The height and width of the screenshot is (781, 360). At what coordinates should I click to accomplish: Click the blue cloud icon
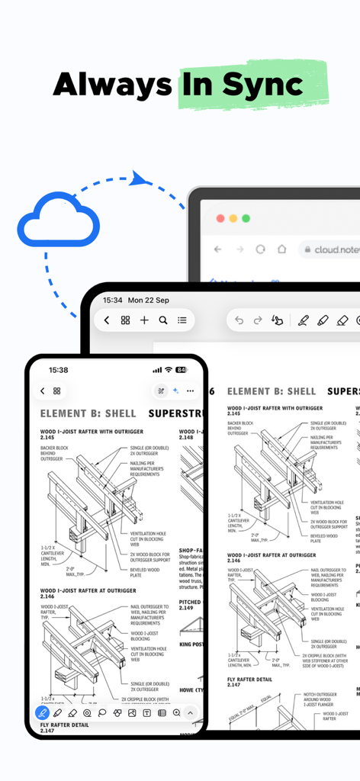click(x=59, y=222)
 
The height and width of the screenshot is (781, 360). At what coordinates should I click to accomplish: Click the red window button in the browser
click(x=220, y=218)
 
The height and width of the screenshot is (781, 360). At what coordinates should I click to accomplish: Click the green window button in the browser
click(x=246, y=218)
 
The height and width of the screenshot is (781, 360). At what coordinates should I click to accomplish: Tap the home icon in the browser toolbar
click(x=281, y=249)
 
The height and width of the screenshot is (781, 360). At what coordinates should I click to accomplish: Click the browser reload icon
click(x=260, y=249)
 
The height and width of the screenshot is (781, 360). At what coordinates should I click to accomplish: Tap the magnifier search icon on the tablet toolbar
click(x=163, y=320)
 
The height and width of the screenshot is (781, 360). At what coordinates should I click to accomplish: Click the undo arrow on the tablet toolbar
click(x=239, y=320)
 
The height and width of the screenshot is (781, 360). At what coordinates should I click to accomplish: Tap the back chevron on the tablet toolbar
click(x=107, y=320)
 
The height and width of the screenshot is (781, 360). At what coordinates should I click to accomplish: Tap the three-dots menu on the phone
click(x=190, y=390)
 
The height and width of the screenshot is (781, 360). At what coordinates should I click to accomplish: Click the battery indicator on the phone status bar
click(x=181, y=370)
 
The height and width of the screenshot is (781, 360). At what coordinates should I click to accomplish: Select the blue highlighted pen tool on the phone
click(x=43, y=713)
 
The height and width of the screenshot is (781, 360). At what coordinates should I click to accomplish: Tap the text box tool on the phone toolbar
click(x=146, y=713)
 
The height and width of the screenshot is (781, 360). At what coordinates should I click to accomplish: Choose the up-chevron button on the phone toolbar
click(x=191, y=713)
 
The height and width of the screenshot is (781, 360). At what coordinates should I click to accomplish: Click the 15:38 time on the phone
click(x=58, y=370)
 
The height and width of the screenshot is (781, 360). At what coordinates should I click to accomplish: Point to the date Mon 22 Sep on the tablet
click(x=149, y=301)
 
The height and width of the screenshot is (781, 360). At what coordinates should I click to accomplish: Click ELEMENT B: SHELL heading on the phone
click(x=88, y=414)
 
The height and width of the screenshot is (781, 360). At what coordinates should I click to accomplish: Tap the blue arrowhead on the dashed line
click(x=138, y=179)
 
